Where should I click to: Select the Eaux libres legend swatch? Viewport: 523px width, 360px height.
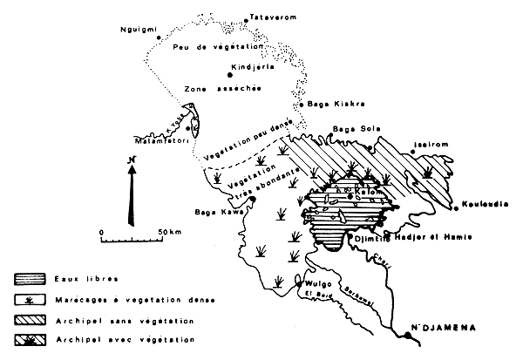pos(30,280)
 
